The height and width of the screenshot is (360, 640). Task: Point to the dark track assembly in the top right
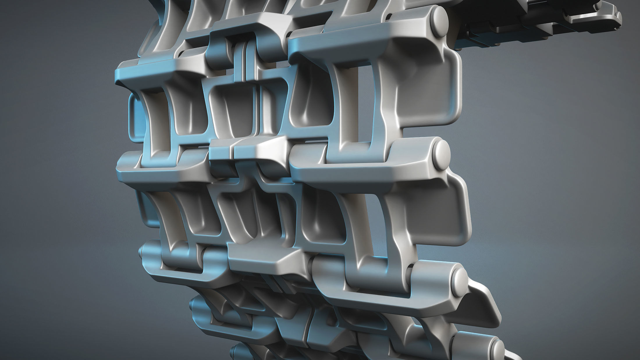[x=512, y=26]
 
